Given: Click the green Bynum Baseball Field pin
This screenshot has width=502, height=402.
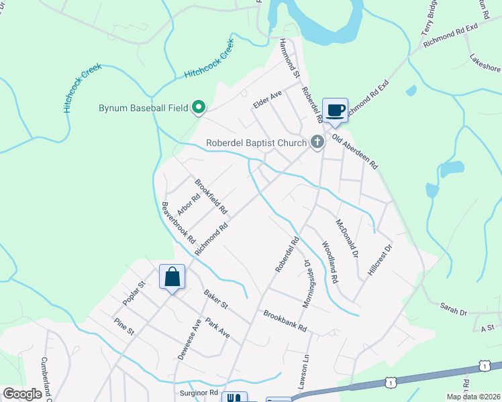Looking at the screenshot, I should pyautogui.click(x=199, y=107).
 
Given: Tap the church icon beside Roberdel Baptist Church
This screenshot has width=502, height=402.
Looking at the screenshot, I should pyautogui.click(x=317, y=142).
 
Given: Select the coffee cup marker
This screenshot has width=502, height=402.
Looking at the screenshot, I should pyautogui.click(x=335, y=110).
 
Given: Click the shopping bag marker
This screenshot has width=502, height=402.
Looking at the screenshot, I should pyautogui.click(x=172, y=276).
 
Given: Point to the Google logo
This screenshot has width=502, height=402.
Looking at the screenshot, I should pyautogui.click(x=22, y=394).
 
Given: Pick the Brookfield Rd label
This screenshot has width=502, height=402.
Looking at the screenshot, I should pyautogui.click(x=211, y=196).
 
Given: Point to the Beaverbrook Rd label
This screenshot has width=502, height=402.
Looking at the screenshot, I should pyautogui.click(x=179, y=222).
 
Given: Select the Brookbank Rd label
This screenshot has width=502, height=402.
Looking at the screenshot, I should pyautogui.click(x=285, y=321).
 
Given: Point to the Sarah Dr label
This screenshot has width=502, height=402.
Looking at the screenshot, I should pyautogui.click(x=453, y=310).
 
